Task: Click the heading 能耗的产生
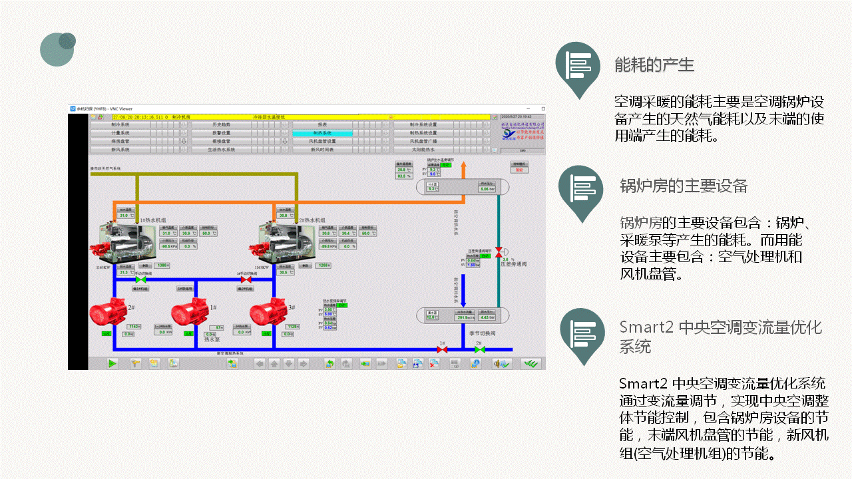tap(654, 65)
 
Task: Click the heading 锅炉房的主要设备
tap(684, 186)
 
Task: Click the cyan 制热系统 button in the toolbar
tap(322, 133)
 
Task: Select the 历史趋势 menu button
tap(221, 124)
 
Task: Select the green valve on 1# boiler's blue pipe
tap(140, 280)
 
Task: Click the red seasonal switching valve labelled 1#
tap(441, 349)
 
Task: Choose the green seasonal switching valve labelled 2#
tap(479, 349)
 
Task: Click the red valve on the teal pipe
tap(499, 253)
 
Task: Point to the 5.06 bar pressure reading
tap(487, 189)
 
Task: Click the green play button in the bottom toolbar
tap(112, 363)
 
